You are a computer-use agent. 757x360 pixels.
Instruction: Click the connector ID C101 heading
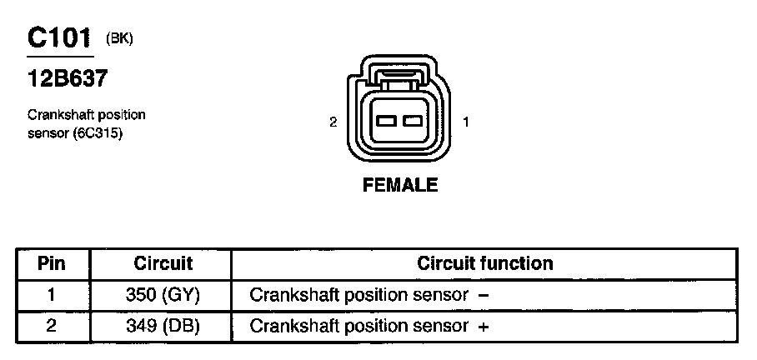pos(59,38)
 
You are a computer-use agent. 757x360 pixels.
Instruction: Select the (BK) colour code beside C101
pos(119,38)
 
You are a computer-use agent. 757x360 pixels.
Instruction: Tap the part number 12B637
pos(67,79)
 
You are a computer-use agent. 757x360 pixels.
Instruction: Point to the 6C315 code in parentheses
pos(100,133)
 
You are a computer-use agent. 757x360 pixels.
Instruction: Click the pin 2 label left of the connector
pos(333,122)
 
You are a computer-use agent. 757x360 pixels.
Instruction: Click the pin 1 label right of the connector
pos(466,122)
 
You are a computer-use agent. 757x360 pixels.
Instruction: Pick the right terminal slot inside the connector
pos(411,122)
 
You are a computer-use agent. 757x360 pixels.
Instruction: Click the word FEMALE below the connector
pos(400,185)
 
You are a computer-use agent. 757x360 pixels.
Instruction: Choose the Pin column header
pos(52,264)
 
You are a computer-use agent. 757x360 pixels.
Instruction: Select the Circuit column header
pos(163,264)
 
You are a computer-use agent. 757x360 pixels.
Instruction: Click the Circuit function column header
pos(484,264)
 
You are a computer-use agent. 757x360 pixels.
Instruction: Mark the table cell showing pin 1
pos(52,294)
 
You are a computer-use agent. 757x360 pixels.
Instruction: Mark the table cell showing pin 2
pos(52,326)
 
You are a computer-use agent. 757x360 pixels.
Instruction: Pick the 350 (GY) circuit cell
pos(163,295)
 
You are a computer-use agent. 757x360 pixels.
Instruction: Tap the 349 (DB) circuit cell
pos(163,326)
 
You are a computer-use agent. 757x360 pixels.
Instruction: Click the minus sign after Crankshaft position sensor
pos(484,296)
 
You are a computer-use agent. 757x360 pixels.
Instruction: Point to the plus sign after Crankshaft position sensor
pos(484,327)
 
